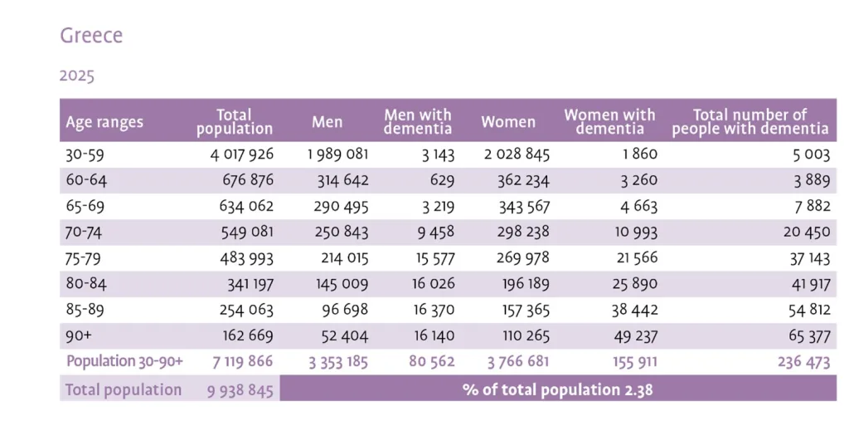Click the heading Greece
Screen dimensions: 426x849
91,37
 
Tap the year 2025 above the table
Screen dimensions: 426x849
77,76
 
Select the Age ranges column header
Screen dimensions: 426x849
104,122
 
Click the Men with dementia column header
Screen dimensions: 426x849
418,122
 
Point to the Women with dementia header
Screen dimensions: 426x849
609,122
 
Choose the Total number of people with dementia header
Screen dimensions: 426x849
750,122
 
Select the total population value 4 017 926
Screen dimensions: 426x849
239,154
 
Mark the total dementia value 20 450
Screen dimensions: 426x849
806,232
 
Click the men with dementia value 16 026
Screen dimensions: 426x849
433,284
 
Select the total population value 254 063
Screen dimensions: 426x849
243,310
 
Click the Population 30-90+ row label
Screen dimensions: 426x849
124,361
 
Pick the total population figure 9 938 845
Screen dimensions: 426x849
240,389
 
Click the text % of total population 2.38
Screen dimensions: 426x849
557,389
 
